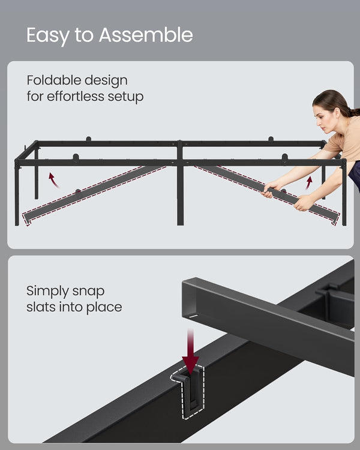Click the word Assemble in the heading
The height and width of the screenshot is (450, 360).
coord(146,35)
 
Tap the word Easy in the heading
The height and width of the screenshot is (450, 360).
coord(46,36)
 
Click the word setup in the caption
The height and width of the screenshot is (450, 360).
coord(127,97)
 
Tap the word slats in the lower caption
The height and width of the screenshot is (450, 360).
coord(43,307)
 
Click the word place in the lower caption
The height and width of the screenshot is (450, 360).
coord(104,307)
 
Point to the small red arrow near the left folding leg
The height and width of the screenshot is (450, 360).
coord(55,179)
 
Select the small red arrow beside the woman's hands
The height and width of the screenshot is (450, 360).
coord(310,182)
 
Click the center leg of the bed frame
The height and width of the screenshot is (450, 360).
coord(180,192)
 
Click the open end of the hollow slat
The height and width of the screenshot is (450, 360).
coord(191,300)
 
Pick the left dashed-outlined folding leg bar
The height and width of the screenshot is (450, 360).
coord(90,191)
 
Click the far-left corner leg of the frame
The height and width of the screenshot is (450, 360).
coord(17,192)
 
